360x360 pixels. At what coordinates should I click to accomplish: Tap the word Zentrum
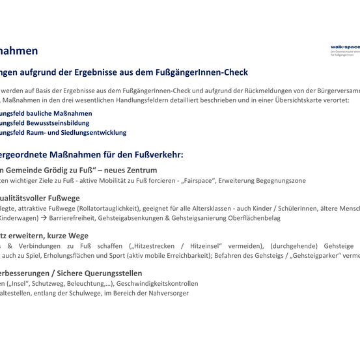click(x=139, y=170)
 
